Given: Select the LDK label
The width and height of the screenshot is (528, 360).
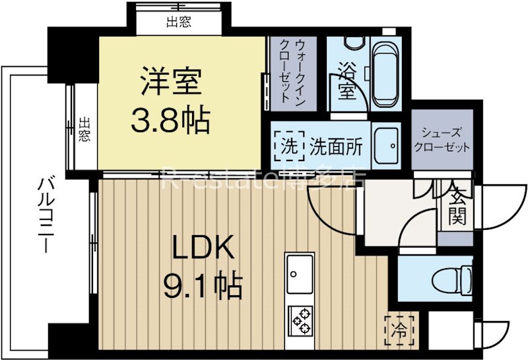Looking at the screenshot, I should click(x=203, y=250).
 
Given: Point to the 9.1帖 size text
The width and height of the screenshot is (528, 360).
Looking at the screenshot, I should click(x=203, y=286).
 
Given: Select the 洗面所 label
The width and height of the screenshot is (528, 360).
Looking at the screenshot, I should click(x=335, y=145).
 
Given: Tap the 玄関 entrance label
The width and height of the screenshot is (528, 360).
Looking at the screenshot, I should click(x=455, y=205).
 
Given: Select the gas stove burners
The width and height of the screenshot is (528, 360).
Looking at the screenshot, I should click(x=301, y=322).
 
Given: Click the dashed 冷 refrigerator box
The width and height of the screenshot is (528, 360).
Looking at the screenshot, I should click(x=399, y=326).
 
